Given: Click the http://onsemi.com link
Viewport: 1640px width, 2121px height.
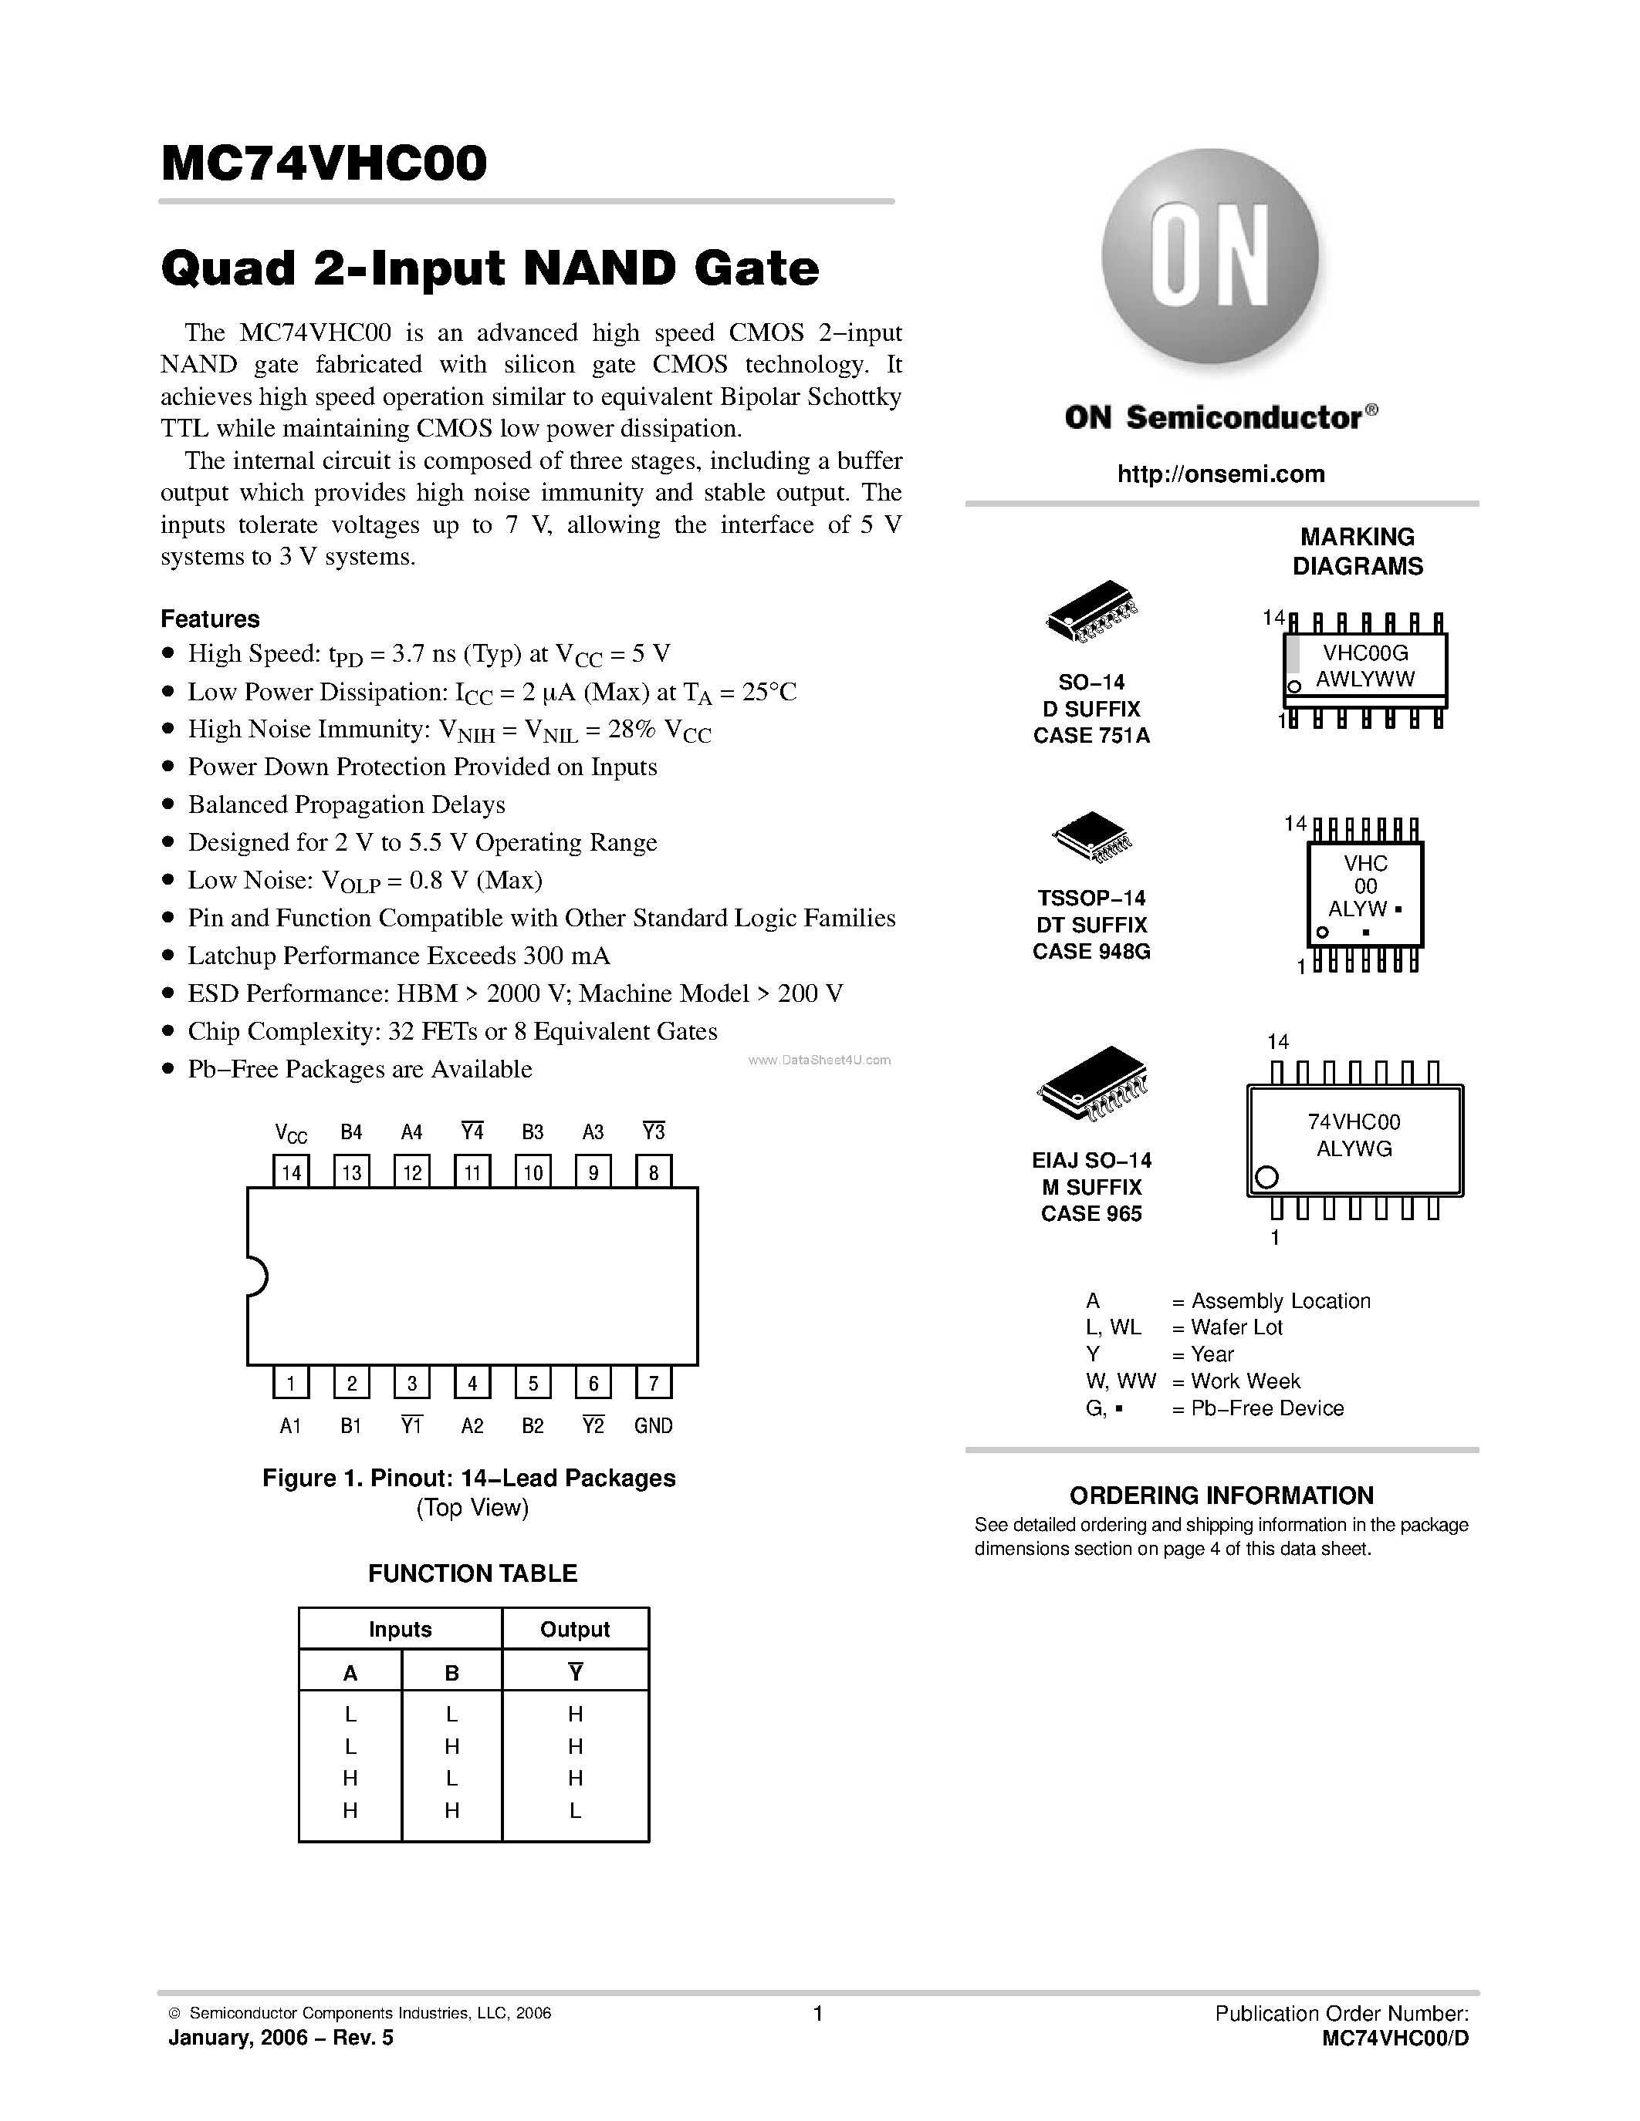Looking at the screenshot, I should (1220, 474).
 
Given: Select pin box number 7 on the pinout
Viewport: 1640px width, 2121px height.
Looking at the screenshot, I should (654, 1383).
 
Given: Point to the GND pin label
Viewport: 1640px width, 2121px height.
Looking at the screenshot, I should (653, 1425).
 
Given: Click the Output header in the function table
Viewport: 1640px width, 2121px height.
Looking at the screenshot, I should (574, 1630).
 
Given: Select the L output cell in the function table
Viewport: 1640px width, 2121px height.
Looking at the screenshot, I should (575, 1810).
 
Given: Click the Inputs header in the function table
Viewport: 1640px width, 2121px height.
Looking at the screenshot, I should (399, 1630).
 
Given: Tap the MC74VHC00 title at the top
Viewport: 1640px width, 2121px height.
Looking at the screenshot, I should (323, 164).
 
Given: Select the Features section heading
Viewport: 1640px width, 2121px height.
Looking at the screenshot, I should (210, 619).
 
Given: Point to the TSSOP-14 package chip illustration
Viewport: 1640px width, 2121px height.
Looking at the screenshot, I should (1092, 836).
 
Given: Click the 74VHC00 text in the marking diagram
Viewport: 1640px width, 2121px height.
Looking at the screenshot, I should (1354, 1121).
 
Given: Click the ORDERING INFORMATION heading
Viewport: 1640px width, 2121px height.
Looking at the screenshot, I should (1221, 1495).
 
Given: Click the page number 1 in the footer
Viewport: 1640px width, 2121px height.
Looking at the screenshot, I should (818, 2014).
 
